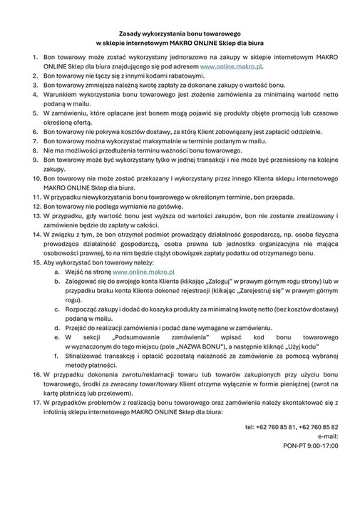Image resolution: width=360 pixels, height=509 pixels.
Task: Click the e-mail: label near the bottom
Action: point(327,436)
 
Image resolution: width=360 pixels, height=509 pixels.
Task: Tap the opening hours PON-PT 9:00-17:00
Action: point(311,446)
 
